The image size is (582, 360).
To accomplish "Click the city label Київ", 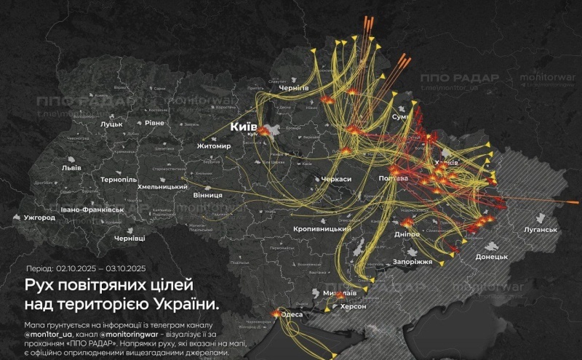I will coord(243,127).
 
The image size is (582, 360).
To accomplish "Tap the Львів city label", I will coord(71,167).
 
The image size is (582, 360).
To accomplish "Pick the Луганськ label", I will coord(540,230).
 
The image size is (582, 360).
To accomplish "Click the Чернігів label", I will coord(295,87).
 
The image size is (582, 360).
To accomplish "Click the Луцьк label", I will coord(111,124).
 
